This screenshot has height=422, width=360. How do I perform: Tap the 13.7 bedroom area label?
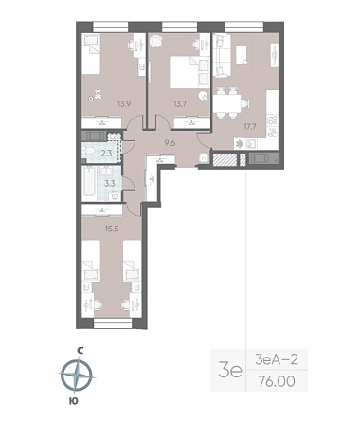pos(180,103)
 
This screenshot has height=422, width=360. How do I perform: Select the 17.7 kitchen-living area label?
pos(250,127)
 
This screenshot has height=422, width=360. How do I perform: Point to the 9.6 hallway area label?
pos(170,143)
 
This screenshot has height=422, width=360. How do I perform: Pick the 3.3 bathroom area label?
pos(109,183)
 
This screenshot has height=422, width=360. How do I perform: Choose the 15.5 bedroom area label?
pos(112,229)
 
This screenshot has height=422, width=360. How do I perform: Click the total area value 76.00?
pos(277,381)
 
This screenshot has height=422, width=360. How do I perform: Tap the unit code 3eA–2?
pos(277,359)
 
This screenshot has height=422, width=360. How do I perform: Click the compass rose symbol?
pos(77,375)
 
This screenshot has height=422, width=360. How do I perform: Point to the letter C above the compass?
pos(81,350)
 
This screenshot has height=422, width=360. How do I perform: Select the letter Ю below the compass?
pos(73,401)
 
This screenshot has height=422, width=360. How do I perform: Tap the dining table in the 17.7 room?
pos(226,103)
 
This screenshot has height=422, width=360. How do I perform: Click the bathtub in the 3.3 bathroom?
pos(89,184)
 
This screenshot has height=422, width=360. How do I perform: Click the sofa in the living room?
pos(222,55)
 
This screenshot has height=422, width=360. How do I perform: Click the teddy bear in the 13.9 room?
pos(99,95)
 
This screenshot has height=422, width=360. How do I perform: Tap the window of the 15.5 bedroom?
pos(113,323)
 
